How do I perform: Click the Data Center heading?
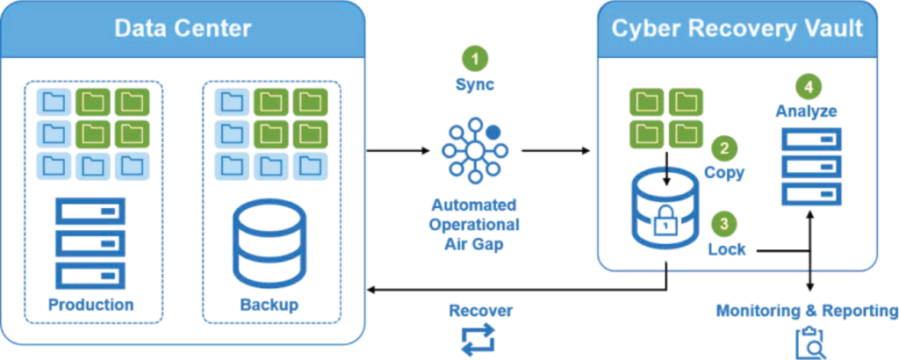coord(183,28)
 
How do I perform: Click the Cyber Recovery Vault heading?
coord(737,28)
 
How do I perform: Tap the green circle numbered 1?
coord(475,60)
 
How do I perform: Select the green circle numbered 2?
coord(723,148)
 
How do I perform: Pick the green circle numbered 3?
coord(723,224)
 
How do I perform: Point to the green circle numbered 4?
coord(808,88)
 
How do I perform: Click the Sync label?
coord(475,85)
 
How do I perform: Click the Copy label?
coord(723,172)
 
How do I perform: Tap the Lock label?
coord(727,249)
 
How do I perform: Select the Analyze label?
coord(806,112)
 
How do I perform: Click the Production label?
coord(91,305)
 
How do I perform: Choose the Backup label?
coord(269,305)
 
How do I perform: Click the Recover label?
coord(479,310)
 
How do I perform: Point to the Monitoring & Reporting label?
coord(807,311)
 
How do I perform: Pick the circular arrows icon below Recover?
coord(479,340)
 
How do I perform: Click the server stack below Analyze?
coord(811,166)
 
